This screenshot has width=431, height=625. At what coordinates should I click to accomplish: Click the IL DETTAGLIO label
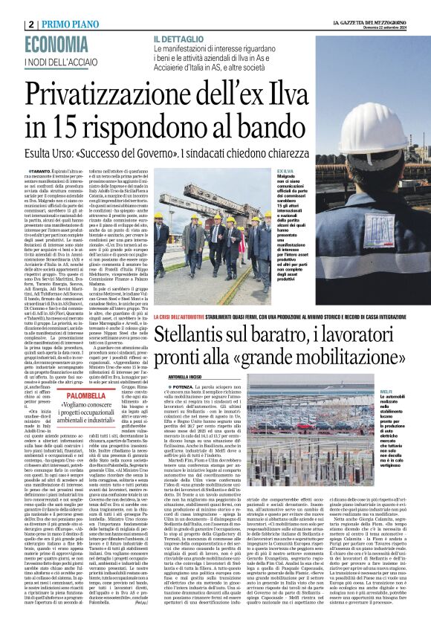click(x=181, y=38)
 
